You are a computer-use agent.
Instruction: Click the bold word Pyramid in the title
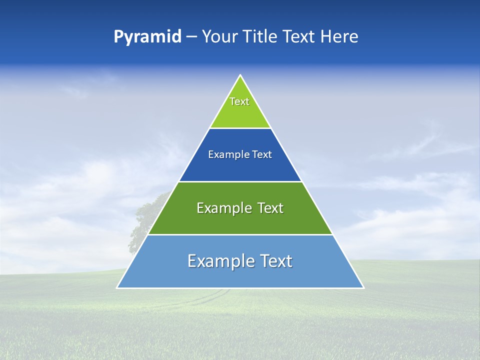pyautogui.click(x=147, y=37)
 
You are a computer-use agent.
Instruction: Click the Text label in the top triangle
pyautogui.click(x=239, y=101)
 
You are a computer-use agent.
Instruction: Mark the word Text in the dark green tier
pyautogui.click(x=270, y=208)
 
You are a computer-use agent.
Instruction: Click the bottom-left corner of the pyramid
pyautogui.click(x=118, y=287)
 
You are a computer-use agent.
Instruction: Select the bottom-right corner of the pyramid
pyautogui.click(x=363, y=287)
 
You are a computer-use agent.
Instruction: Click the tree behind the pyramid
pyautogui.click(x=145, y=215)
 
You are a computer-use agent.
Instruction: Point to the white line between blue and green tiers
pyautogui.click(x=240, y=181)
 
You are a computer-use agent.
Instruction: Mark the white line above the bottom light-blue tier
pyautogui.click(x=240, y=234)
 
